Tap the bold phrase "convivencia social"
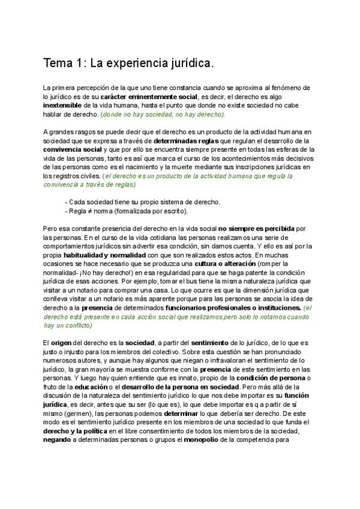click(x=73, y=150)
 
